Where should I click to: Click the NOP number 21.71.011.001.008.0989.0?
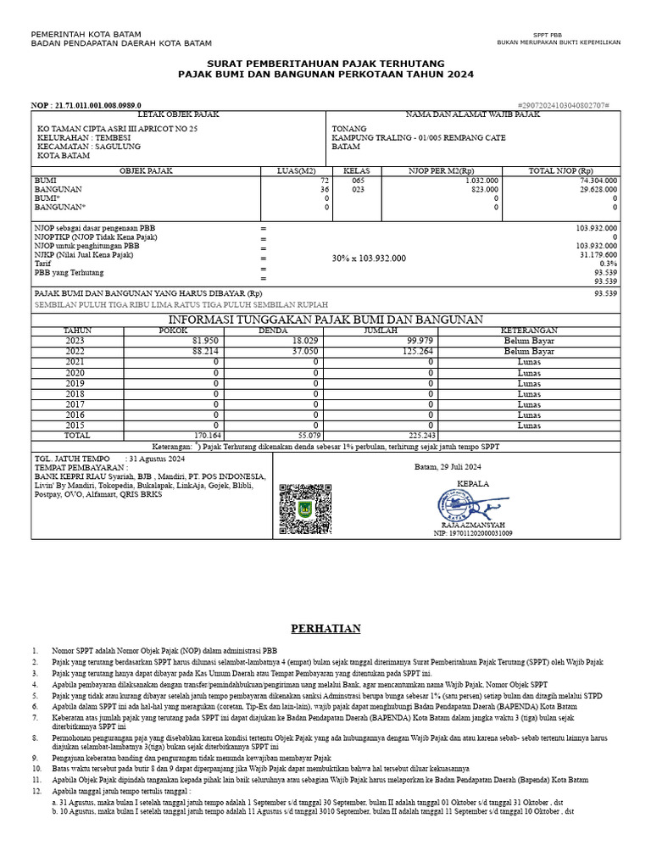click(x=86, y=105)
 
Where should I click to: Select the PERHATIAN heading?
click(x=325, y=628)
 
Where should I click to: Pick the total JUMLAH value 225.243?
click(x=418, y=435)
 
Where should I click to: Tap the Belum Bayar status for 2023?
click(x=528, y=340)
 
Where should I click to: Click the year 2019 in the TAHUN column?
click(x=75, y=384)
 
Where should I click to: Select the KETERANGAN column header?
click(x=528, y=330)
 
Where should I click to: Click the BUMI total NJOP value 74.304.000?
click(x=598, y=181)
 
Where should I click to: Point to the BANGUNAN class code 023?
click(x=358, y=190)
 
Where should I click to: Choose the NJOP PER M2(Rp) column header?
click(x=442, y=171)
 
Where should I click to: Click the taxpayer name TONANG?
click(x=348, y=129)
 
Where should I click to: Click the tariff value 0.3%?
click(x=608, y=263)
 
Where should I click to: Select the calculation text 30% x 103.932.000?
click(x=369, y=259)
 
